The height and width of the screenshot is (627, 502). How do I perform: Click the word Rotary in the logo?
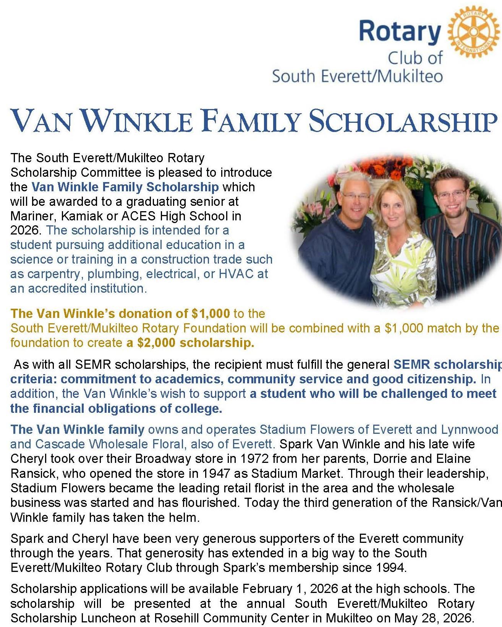(400, 31)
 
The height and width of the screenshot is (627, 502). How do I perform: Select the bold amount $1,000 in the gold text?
(211, 314)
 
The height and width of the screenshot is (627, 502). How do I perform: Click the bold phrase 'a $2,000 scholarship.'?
(190, 343)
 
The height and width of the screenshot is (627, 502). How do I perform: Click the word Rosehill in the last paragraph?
(178, 618)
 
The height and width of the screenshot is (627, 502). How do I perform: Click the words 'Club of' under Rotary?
(415, 59)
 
